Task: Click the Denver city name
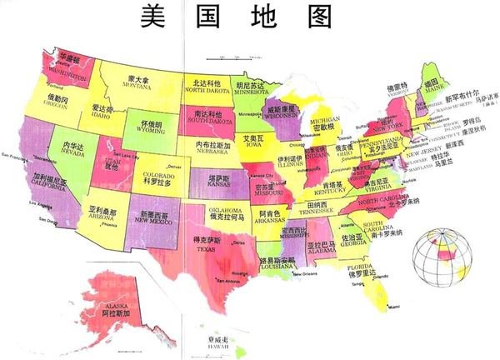pos(174,167)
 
